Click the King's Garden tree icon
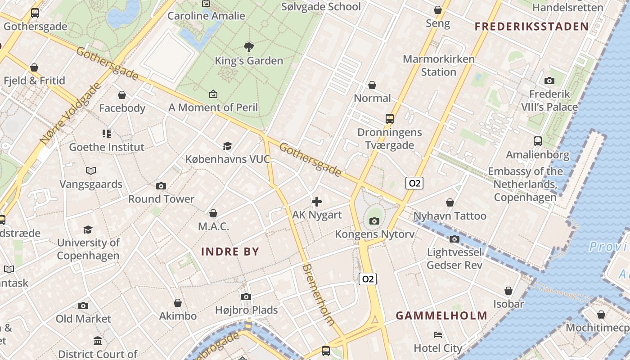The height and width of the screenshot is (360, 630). pyautogui.click(x=248, y=47)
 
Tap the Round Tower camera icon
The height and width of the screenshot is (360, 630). pyautogui.click(x=161, y=186)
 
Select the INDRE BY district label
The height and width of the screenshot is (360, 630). pyautogui.click(x=230, y=251)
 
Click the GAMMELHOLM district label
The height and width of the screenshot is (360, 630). pyautogui.click(x=441, y=315)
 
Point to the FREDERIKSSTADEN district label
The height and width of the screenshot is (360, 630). pyautogui.click(x=532, y=27)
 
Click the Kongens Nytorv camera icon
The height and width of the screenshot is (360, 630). pyautogui.click(x=374, y=221)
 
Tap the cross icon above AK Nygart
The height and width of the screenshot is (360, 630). pyautogui.click(x=317, y=202)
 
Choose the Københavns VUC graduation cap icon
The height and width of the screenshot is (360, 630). pyautogui.click(x=227, y=146)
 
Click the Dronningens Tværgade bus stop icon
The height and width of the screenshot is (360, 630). pyautogui.click(x=390, y=119)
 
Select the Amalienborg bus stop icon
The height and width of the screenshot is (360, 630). pyautogui.click(x=537, y=141)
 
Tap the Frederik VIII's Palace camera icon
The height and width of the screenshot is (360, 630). pyautogui.click(x=549, y=81)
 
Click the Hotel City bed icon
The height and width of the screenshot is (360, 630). pyautogui.click(x=437, y=335)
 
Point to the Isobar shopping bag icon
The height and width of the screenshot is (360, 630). pyautogui.click(x=508, y=291)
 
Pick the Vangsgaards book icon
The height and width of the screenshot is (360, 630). pyautogui.click(x=91, y=171)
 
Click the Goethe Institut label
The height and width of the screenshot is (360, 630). pyautogui.click(x=107, y=147)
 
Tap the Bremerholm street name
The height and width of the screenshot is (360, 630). pyautogui.click(x=319, y=294)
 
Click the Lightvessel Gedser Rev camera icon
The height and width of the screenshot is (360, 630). pyautogui.click(x=454, y=239)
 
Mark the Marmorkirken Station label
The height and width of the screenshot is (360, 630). pyautogui.click(x=438, y=65)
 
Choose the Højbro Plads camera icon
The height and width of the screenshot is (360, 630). pyautogui.click(x=246, y=297)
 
